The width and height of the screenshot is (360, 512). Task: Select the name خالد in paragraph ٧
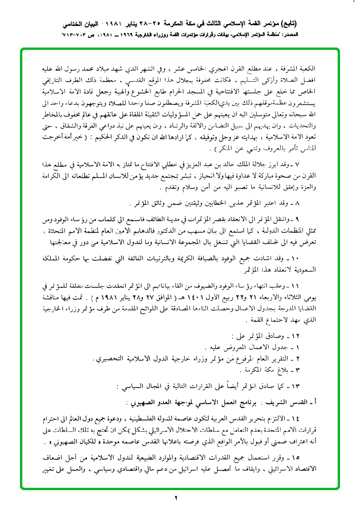coord(251,164)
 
